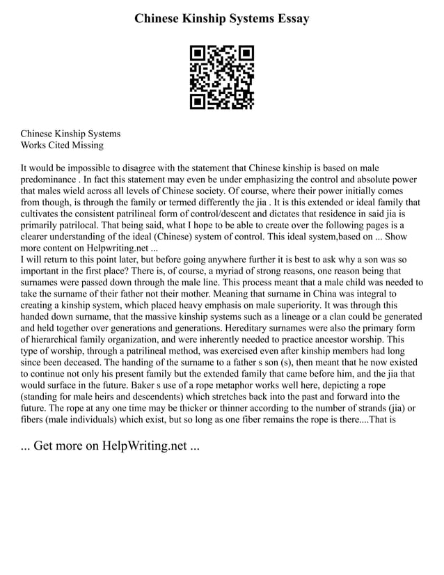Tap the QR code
pyautogui.click(x=222, y=77)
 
